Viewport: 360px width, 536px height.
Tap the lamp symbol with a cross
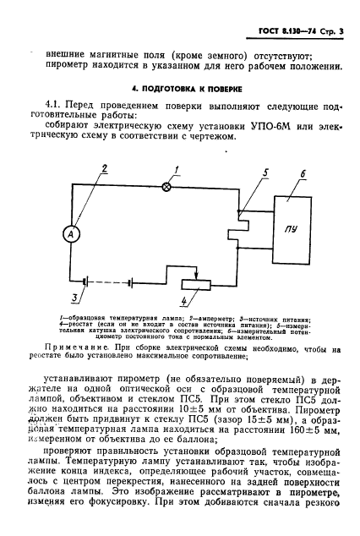coord(166,186)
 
